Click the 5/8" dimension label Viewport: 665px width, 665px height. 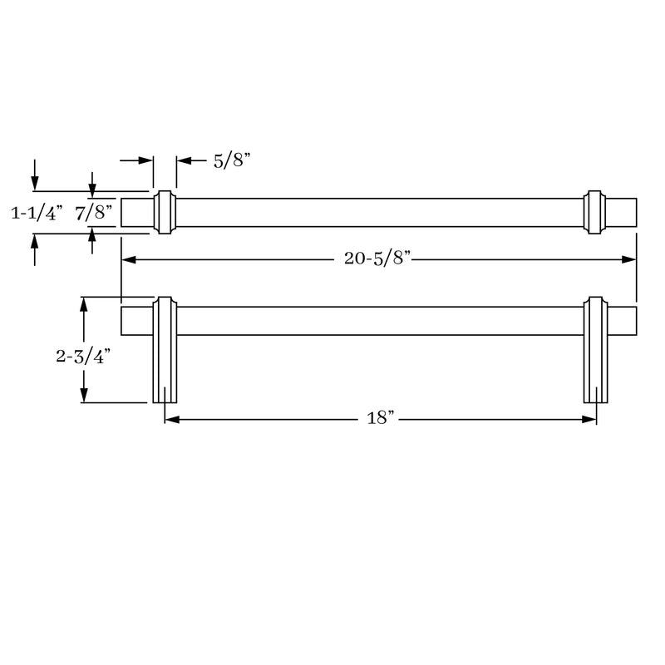pyautogui.click(x=232, y=161)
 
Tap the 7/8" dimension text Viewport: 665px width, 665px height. pyautogui.click(x=94, y=214)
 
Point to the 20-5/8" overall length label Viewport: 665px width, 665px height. pyautogui.click(x=378, y=259)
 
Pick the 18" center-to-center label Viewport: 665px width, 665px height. pyautogui.click(x=379, y=419)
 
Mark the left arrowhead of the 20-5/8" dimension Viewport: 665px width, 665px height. pyautogui.click(x=128, y=259)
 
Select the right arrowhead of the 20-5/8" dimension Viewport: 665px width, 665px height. pyautogui.click(x=630, y=259)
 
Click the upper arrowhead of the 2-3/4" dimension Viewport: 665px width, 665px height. pyautogui.click(x=83, y=304)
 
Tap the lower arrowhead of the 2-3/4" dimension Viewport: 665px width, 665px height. pyautogui.click(x=83, y=397)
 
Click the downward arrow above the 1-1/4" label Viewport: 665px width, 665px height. pyautogui.click(x=34, y=182)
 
